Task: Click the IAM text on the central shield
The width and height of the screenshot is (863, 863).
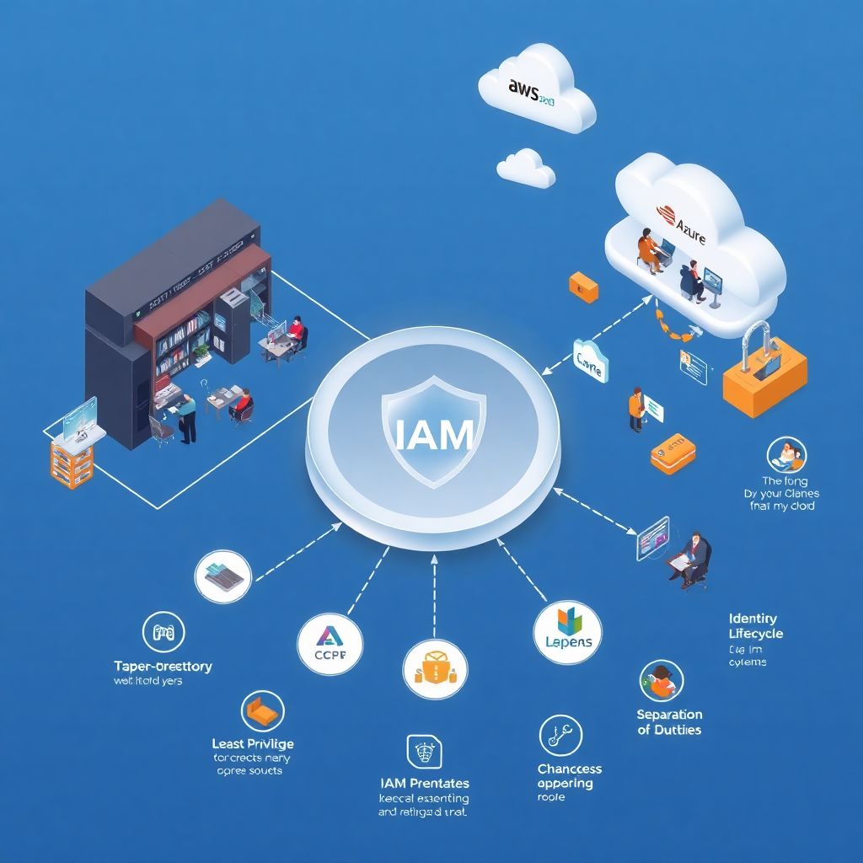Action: pos(433,433)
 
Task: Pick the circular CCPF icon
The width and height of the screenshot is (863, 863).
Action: pos(330,647)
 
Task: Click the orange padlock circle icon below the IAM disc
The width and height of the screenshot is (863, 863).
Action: pos(435,669)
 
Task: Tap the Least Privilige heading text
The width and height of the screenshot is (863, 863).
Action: pos(253,743)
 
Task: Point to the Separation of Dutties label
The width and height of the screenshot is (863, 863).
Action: pos(669,722)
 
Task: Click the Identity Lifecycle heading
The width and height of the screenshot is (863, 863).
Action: pos(755,626)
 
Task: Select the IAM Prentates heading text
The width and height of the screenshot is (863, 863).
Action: pos(425,784)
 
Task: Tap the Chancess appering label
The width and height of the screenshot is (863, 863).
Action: pos(570,775)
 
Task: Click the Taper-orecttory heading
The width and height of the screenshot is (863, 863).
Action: pos(163,666)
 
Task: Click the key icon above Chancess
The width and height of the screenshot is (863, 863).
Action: pos(561,736)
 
